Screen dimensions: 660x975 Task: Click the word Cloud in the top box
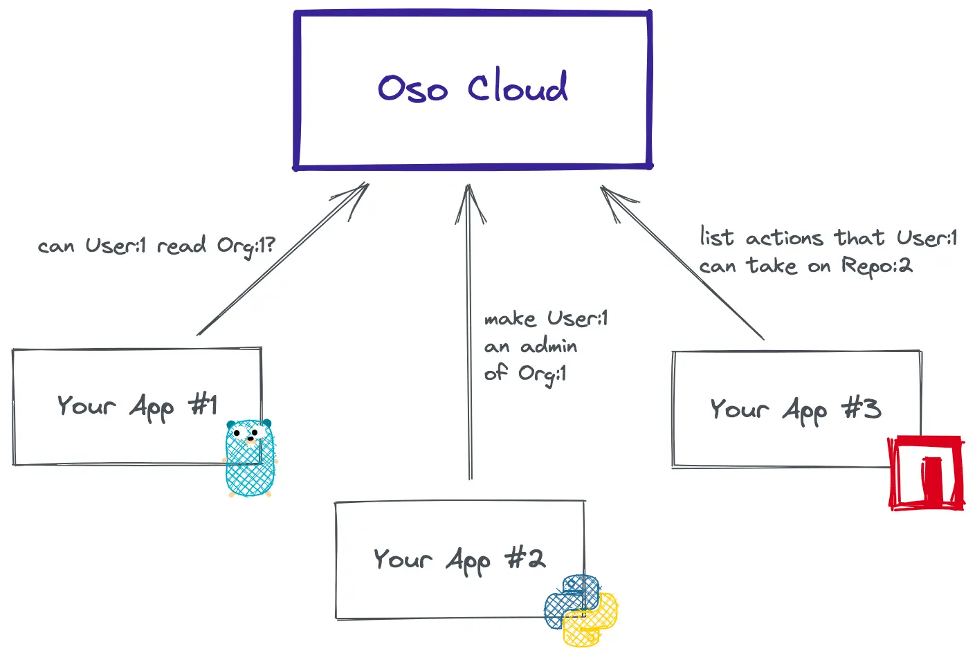point(518,88)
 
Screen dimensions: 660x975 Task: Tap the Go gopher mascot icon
point(250,458)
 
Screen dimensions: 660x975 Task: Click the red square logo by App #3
point(926,473)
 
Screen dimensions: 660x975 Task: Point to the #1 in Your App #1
point(204,404)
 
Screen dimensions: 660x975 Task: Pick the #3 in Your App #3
point(862,408)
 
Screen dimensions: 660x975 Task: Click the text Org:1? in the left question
point(246,246)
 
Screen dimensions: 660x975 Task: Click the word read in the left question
point(181,246)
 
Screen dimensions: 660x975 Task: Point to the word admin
point(549,346)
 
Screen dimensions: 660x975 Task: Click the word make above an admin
point(510,319)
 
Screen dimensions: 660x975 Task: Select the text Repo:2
point(877,266)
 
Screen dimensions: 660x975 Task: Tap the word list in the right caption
point(716,237)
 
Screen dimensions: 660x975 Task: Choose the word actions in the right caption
point(785,239)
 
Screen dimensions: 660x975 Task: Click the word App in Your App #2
point(468,560)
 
